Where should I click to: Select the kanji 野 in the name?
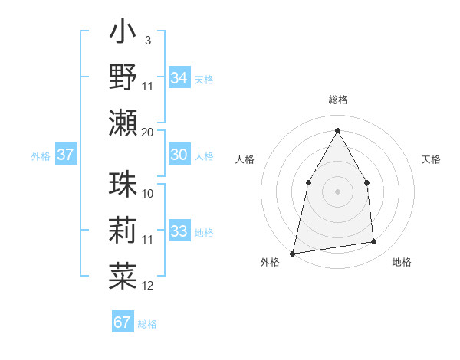click(123, 77)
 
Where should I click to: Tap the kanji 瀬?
click(123, 122)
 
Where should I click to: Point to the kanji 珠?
click(123, 185)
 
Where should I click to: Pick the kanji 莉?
click(123, 230)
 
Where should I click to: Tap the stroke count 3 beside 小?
click(147, 40)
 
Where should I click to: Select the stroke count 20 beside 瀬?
click(148, 132)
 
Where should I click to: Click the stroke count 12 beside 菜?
click(148, 286)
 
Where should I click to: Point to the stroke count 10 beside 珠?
click(148, 194)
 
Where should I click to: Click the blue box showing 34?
click(179, 78)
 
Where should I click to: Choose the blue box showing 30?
click(179, 155)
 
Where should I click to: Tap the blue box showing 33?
click(179, 231)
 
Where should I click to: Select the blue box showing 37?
click(66, 155)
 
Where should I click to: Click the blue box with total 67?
click(123, 322)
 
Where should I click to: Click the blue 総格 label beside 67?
click(147, 324)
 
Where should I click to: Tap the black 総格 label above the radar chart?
click(337, 100)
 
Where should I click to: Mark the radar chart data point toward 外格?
click(293, 253)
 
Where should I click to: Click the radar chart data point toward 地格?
click(374, 242)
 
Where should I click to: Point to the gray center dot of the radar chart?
click(337, 191)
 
